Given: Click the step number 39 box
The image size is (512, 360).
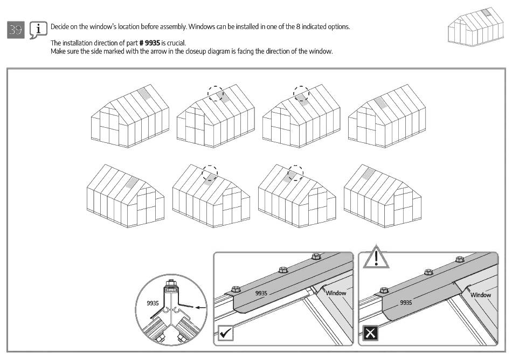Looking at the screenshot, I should tap(16, 30).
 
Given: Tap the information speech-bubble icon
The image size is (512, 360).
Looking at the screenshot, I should tap(37, 30).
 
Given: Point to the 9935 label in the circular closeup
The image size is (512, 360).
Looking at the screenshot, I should tap(153, 303).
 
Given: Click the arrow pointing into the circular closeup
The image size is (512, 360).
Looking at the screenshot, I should tap(201, 307).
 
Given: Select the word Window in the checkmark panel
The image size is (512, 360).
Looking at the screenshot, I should tap(336, 293).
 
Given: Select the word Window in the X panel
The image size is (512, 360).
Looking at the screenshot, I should tap(481, 295).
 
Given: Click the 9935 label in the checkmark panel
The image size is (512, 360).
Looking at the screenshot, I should tap(261, 293).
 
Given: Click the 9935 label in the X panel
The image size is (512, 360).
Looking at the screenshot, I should tap(406, 302).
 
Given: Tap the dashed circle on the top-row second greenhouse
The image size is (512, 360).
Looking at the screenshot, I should tap(216, 93).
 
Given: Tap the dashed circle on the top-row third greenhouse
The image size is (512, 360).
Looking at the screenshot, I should tap(302, 93).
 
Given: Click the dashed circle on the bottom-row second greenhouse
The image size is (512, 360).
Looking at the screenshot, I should tap(210, 174).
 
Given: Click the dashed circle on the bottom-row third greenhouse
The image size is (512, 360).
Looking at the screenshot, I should tap(295, 172).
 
